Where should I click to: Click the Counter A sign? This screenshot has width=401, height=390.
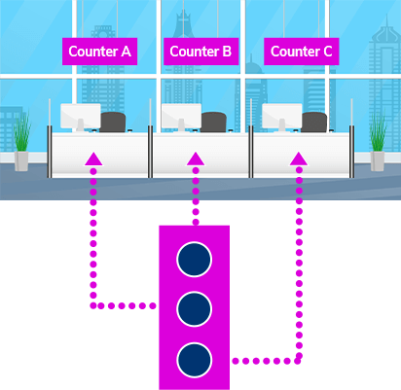99,52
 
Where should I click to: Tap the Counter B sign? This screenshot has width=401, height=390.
201,52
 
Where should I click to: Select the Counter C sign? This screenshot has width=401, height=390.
302,52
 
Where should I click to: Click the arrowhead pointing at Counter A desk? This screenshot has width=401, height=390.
93,159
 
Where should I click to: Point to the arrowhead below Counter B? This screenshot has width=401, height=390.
196,159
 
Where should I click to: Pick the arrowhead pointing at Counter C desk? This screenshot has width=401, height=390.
299,159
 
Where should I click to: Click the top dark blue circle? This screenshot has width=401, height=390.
195,260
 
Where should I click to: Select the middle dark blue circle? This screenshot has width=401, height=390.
195,309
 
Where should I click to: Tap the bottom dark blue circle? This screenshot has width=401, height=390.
195,360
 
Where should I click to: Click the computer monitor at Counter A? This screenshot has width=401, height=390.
81,117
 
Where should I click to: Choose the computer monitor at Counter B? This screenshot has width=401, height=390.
181,117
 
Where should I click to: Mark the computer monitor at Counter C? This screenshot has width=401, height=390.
282,117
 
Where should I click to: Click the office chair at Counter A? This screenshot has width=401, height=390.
113,123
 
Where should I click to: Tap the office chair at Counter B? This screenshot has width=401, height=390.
213,123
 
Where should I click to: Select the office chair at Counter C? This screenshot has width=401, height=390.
314,123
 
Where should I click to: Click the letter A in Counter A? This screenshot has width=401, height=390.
126,52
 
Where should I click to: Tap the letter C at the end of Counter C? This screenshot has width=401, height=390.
327,52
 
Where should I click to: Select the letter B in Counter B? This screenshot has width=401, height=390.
227,52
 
